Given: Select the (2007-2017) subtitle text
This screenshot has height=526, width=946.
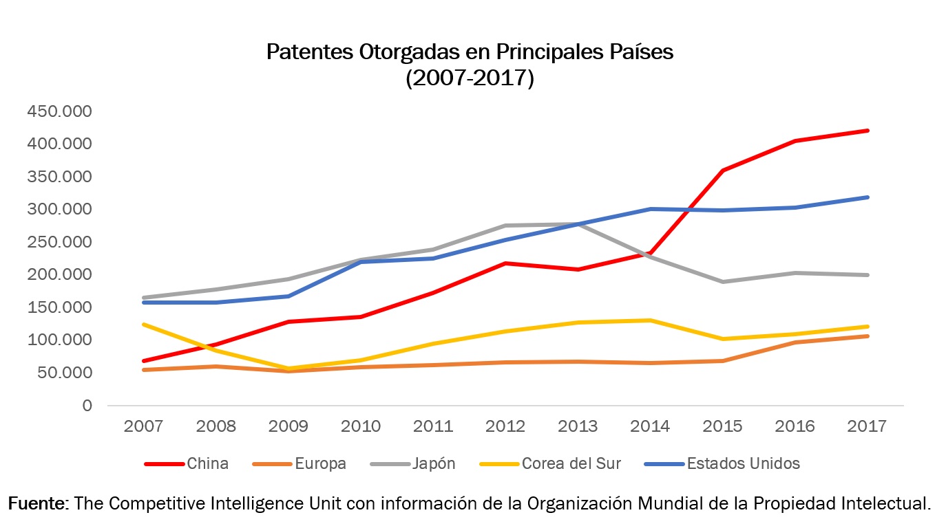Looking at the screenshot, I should [470, 78].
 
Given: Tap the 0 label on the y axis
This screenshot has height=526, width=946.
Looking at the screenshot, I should [87, 406].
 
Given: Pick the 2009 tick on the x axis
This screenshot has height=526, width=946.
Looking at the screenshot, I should [288, 426].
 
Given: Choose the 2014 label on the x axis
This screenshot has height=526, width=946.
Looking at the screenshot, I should [650, 426].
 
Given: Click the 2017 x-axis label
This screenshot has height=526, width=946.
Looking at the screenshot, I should [868, 426].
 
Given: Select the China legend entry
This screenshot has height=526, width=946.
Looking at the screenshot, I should [207, 463].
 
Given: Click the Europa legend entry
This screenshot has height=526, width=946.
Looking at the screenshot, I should [320, 463].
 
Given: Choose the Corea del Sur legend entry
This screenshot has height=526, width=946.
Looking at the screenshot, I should [571, 463].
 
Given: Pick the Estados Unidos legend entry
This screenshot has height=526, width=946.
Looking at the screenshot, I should [743, 463].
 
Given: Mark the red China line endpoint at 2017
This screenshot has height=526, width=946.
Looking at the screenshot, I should [868, 131].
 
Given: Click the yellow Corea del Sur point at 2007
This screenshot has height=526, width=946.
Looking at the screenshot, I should [143, 325].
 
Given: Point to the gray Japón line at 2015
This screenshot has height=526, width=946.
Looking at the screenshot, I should [723, 282].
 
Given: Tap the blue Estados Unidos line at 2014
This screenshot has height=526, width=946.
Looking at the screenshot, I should [650, 209].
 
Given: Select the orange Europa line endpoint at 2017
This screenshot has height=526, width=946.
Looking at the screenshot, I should [868, 336].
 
